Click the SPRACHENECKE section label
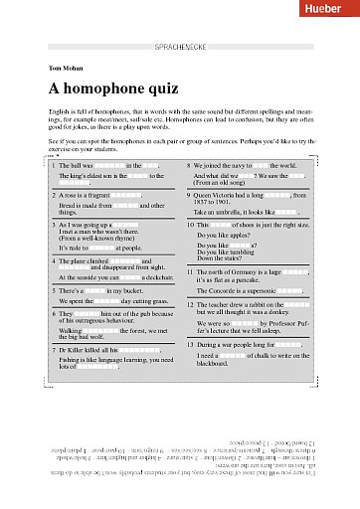[179, 47]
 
